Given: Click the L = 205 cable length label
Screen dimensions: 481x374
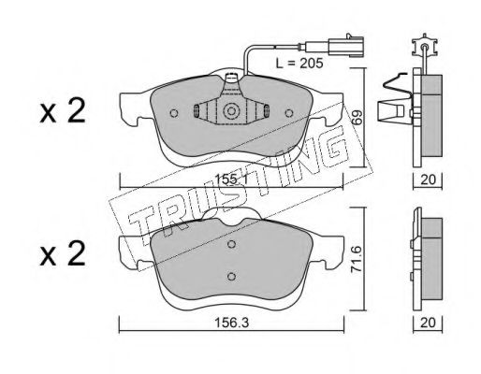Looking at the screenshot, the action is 299,64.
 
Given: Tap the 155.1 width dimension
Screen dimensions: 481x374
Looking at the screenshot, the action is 231,180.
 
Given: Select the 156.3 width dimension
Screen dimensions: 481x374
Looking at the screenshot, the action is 231,323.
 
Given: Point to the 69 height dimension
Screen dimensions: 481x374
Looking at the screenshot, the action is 357,118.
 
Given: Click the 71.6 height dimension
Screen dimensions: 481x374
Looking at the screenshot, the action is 357,259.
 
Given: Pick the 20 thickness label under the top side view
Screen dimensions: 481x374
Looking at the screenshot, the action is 428,180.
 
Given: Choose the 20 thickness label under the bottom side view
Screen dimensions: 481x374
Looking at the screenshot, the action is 428,323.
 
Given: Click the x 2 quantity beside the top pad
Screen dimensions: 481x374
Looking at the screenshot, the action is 63,111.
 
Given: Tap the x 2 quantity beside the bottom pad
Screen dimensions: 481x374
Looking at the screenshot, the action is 63,253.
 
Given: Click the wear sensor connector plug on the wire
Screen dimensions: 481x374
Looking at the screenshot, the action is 345,47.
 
